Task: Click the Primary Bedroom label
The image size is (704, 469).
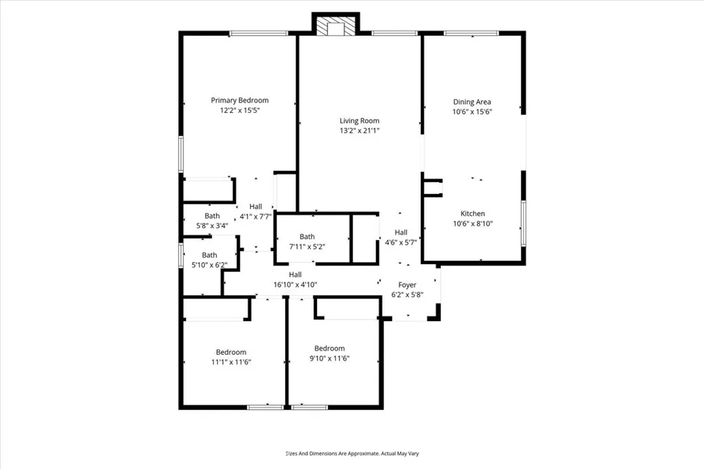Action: click(x=239, y=100)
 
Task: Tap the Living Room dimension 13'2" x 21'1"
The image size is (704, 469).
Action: click(x=360, y=131)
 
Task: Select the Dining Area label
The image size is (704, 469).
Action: click(x=472, y=102)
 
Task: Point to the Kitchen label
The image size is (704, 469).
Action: click(x=473, y=214)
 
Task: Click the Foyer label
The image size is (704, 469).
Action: click(x=408, y=285)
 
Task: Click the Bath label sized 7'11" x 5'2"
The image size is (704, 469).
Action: click(x=307, y=237)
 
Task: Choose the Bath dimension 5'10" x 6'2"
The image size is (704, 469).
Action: click(x=209, y=265)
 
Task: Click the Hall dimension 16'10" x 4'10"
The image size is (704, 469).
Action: click(x=295, y=284)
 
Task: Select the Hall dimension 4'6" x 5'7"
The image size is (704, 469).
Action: click(x=401, y=241)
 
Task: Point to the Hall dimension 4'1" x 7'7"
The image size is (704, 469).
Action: click(x=256, y=216)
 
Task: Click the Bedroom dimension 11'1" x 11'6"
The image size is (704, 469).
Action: click(x=231, y=362)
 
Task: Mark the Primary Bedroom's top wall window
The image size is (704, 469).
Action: click(x=258, y=33)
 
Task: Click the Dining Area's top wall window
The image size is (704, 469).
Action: click(x=471, y=33)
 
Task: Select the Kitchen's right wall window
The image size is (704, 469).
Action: click(x=523, y=223)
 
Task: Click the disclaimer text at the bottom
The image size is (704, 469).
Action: click(x=352, y=453)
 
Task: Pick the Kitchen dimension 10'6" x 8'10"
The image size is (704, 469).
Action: click(x=473, y=223)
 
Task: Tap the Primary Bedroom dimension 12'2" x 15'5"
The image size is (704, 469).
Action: click(x=239, y=110)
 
